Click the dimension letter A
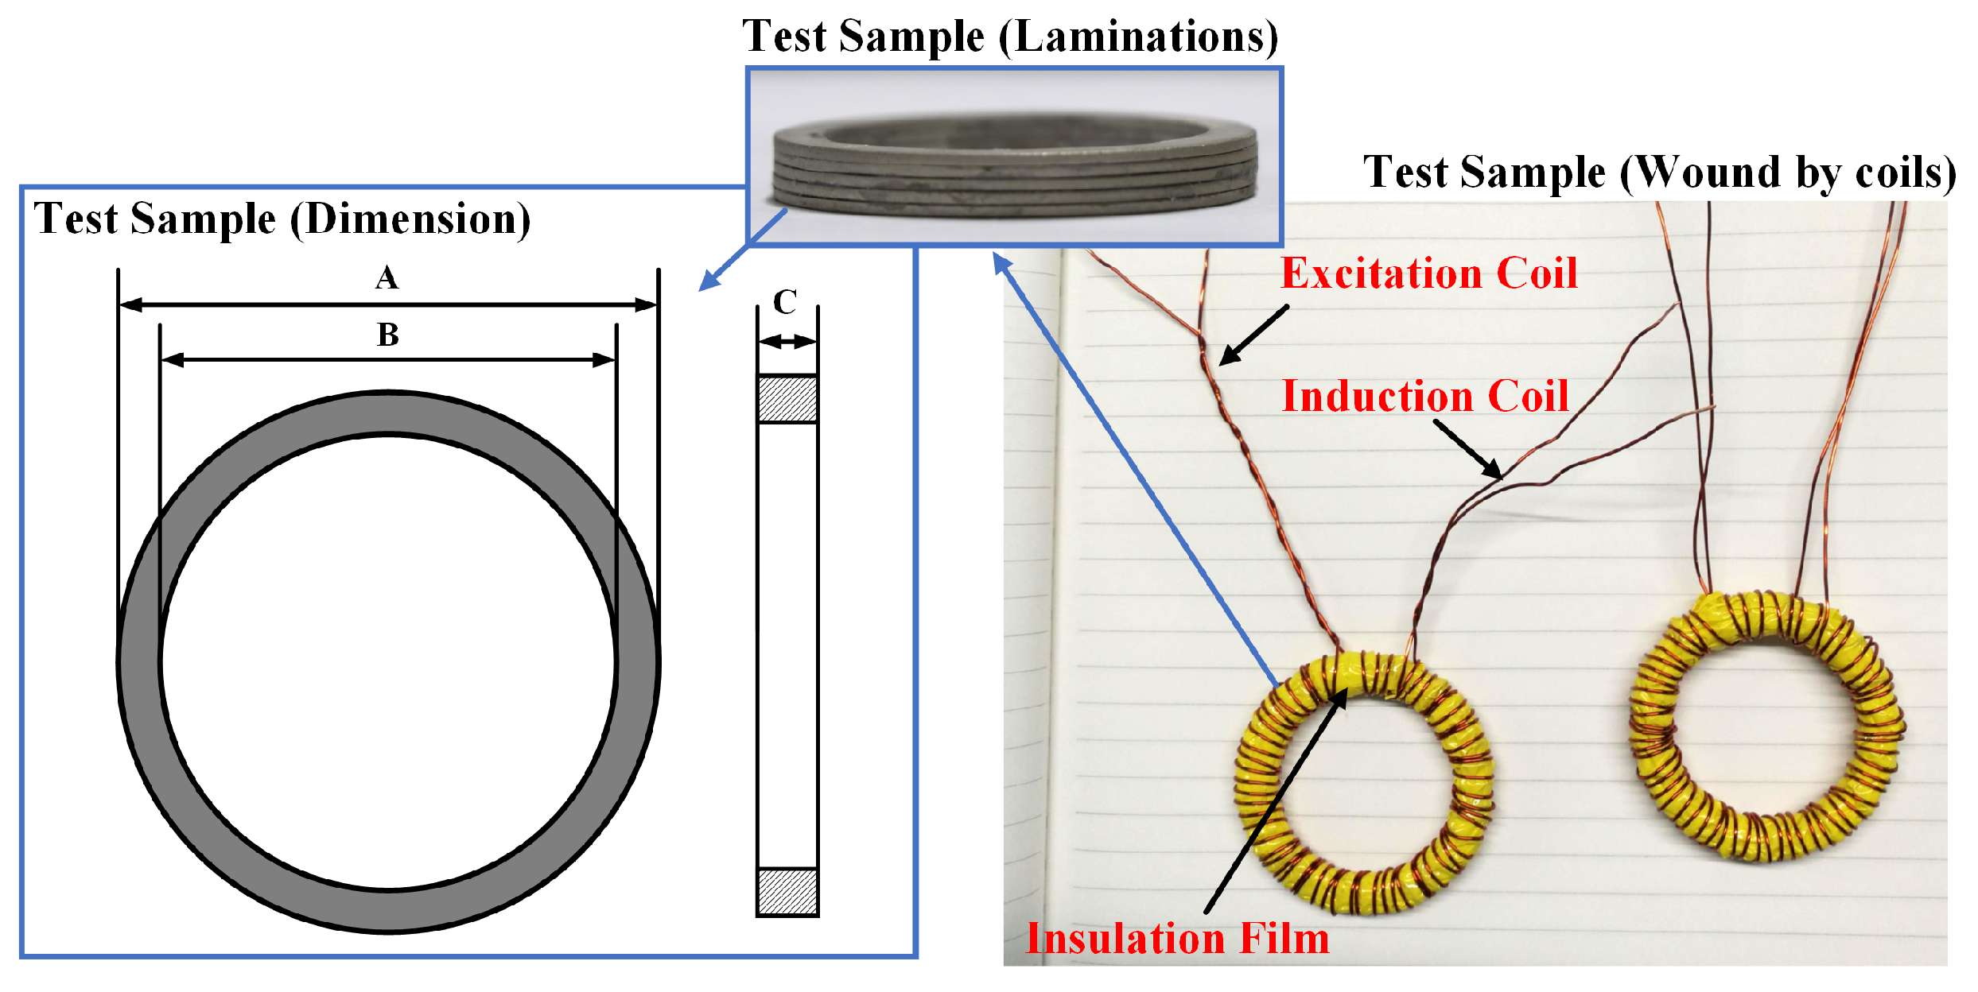(x=387, y=278)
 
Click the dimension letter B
(x=387, y=335)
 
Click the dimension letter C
(x=785, y=303)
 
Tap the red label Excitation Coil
(x=1428, y=273)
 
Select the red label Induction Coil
(x=1425, y=396)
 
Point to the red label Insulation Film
(x=1177, y=939)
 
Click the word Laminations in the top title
(x=1137, y=37)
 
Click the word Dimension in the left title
(x=410, y=219)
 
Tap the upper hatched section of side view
(x=787, y=399)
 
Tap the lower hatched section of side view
(x=787, y=892)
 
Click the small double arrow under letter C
(x=787, y=342)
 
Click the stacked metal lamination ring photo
(x=1014, y=163)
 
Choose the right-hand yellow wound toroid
(x=1766, y=727)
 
